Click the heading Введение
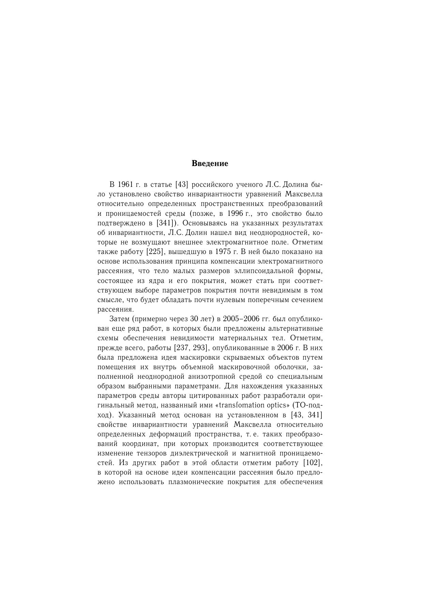210,164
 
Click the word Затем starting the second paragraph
119,319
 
